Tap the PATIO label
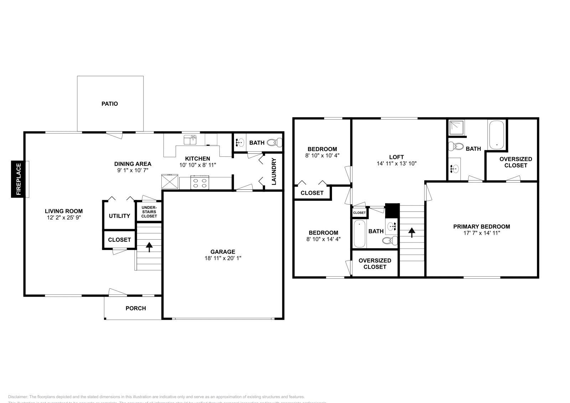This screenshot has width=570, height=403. point(110,104)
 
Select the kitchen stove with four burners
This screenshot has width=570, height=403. point(200,183)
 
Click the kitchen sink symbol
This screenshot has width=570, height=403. point(190,140)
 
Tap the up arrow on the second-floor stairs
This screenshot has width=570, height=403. point(412,232)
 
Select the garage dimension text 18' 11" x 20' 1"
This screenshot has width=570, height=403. point(223,258)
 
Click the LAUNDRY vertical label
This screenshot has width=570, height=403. point(274,172)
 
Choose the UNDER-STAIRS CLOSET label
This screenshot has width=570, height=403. point(149,212)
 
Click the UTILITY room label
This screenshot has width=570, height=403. point(119,216)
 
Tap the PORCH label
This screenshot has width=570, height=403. point(136,308)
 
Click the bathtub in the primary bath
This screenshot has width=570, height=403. point(496,135)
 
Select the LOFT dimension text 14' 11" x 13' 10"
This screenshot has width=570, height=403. point(397,164)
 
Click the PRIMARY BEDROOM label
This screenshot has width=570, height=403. point(481,226)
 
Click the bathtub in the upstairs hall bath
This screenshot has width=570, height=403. point(359,234)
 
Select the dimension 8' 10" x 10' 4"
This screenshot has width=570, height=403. point(322,156)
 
